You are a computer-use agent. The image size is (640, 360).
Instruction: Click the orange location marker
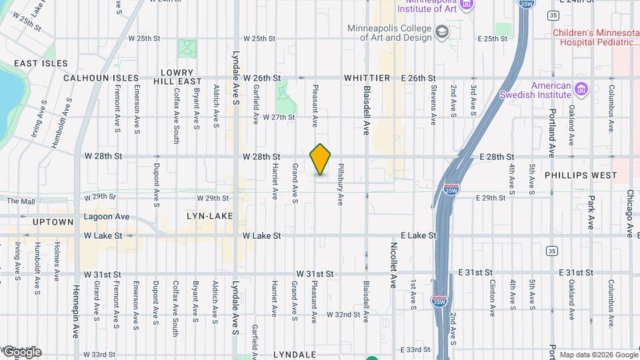coord(321,159)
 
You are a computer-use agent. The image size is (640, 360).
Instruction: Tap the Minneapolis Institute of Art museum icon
coord(467,5)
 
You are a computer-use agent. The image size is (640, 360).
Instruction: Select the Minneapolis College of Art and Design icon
coord(442,32)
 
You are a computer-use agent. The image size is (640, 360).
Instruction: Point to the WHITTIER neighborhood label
coord(366,78)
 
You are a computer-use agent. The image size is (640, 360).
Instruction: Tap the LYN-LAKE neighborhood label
coord(209,216)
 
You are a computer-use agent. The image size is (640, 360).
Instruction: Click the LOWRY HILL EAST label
coord(177,77)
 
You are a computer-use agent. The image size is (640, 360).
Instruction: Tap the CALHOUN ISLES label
coord(101,78)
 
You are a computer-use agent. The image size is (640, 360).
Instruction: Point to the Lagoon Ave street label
coord(107,217)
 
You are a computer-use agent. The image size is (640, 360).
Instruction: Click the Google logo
coord(21,351)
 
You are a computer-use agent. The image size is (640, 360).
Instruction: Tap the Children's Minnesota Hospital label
coord(595,37)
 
